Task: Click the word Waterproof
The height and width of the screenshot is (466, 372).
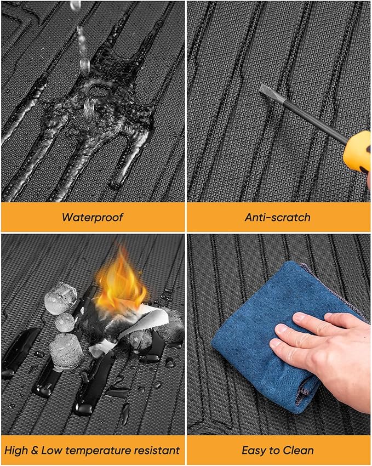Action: tap(93, 217)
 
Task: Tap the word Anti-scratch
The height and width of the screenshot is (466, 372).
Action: tap(278, 217)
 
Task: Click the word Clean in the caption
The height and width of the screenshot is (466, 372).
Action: tap(298, 450)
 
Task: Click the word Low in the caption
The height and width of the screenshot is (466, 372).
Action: tap(51, 450)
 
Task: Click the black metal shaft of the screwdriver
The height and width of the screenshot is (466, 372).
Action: tap(302, 116)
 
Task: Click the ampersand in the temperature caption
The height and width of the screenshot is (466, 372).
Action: tap(35, 450)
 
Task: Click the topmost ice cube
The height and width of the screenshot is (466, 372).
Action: tap(61, 298)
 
